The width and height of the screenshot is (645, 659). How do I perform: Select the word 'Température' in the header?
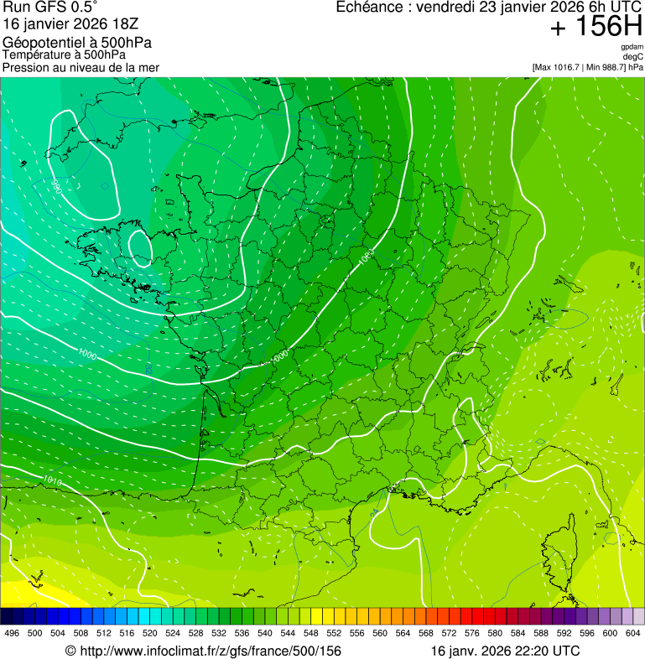(x=37, y=55)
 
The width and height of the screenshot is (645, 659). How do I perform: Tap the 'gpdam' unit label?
(x=632, y=47)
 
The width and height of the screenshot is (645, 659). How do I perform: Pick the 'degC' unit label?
(x=632, y=57)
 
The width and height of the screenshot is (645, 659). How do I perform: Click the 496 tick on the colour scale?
(x=12, y=633)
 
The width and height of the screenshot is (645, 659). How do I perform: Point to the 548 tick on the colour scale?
(x=310, y=633)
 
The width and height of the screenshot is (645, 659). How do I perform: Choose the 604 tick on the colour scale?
(x=632, y=633)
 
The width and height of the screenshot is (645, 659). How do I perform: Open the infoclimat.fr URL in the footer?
(x=210, y=651)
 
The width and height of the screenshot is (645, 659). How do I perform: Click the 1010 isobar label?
(x=52, y=480)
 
